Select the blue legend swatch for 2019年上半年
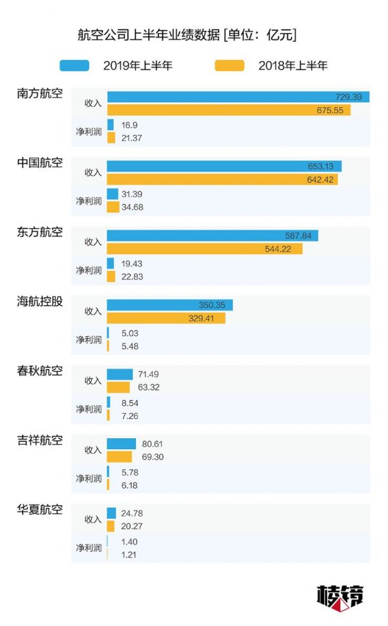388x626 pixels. coord(74,65)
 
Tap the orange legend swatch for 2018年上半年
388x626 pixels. coord(229,65)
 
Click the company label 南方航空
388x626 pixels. coord(40,93)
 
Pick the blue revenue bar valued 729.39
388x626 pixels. coord(238,97)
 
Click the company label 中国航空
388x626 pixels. coord(40,163)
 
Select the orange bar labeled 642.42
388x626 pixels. coord(222,179)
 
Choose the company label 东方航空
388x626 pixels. coord(40,232)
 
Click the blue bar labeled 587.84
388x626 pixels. coord(212,236)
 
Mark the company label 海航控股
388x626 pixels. coord(40,301)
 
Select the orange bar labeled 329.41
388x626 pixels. coord(166,318)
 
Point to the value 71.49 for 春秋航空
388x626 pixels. coord(144,374)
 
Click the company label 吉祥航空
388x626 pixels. coord(40,441)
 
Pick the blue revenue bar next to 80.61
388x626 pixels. coord(121,443)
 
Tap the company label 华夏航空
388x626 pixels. coord(40,510)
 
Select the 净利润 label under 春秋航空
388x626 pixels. coord(89,409)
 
